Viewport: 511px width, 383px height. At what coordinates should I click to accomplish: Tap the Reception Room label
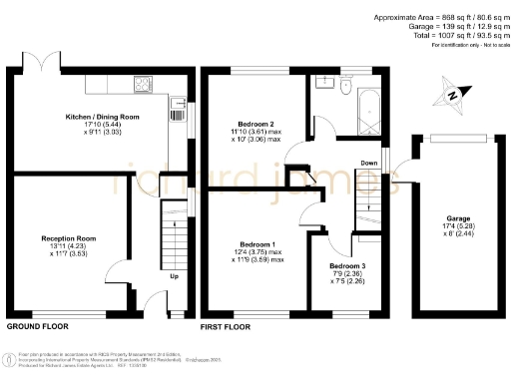pos(68,239)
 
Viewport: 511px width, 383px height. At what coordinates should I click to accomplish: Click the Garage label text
pos(455,218)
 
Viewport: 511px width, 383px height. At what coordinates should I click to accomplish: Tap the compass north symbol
pos(451,96)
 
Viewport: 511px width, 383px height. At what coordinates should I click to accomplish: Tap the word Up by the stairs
pos(175,276)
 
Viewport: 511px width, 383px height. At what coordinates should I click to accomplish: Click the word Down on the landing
pos(368,163)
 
